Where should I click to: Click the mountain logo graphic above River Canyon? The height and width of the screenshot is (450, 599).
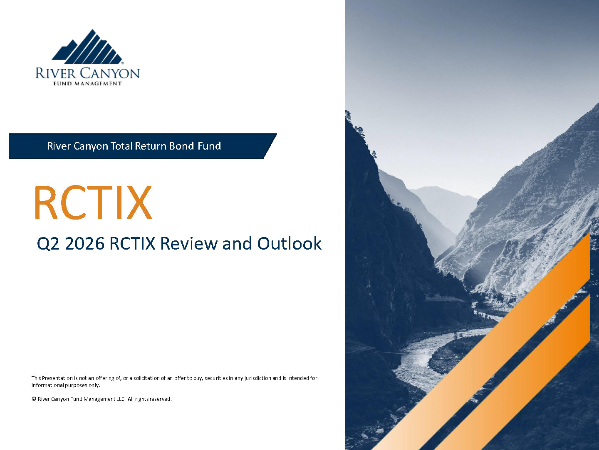87,47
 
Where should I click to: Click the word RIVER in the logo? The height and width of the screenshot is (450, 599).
56,73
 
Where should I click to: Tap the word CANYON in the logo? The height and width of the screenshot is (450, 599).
110,73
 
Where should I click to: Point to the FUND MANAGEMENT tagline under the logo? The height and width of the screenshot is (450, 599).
87,84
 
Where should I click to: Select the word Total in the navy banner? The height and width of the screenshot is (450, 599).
121,146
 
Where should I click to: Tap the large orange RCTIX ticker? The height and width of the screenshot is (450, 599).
93,202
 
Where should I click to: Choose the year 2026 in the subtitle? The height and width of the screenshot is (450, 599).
84,243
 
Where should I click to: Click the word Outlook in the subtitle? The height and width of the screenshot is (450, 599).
290,243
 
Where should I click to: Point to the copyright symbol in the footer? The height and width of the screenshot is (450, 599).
34,399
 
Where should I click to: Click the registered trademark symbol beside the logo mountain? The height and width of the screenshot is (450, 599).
123,63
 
